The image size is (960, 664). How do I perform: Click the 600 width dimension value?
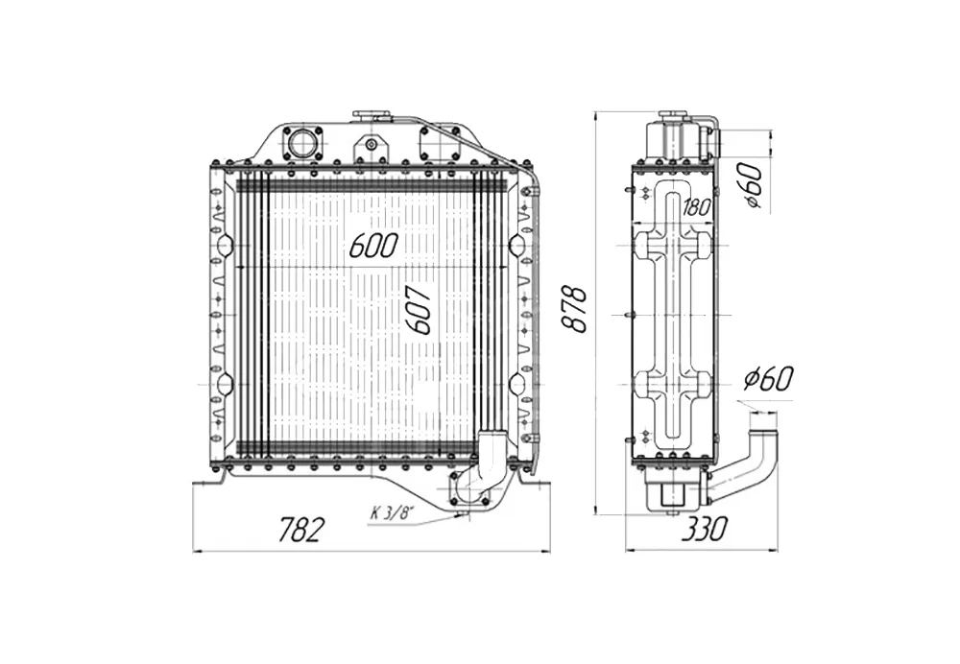(x=373, y=246)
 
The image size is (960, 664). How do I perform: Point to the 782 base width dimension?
(x=300, y=529)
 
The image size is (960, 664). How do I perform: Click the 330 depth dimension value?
(x=704, y=529)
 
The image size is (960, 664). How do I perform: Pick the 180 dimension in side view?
(x=696, y=208)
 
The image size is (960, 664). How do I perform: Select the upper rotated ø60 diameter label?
(x=753, y=185)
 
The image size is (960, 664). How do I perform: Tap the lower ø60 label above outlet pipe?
(x=768, y=379)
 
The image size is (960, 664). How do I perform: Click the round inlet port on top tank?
(x=301, y=144)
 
